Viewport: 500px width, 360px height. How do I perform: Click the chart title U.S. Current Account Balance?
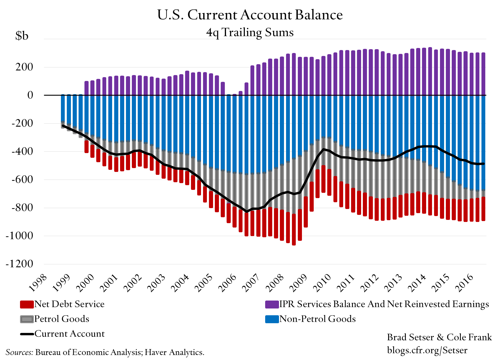coord(250,15)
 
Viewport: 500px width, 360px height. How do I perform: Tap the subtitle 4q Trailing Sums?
coord(250,32)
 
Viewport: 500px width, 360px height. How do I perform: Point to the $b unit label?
coord(22,36)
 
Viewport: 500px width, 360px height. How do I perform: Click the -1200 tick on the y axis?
coord(19,264)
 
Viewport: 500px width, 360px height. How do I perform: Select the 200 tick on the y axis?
coord(24,67)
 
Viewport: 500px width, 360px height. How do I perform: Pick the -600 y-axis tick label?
coord(22,179)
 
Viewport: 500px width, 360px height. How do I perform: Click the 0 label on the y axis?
coord(30,95)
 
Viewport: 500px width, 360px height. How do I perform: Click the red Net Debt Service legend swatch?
coord(27,304)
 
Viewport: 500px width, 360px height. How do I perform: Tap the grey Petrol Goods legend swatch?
coord(27,319)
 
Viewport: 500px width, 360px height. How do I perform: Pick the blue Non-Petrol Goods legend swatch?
coord(272,319)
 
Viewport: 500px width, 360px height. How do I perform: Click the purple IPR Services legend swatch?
coord(272,304)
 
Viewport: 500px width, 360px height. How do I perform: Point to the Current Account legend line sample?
coord(27,334)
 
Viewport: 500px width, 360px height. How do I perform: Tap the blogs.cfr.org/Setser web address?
coord(427,350)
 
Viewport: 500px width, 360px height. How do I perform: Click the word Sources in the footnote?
coord(19,352)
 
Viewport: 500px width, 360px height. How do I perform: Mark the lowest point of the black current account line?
coord(247,211)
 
